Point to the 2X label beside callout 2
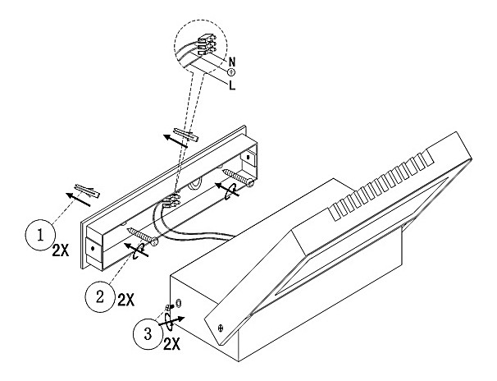tap(125, 299)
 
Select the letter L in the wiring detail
tap(234, 85)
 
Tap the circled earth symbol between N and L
tap(231, 72)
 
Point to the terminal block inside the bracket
tap(172, 200)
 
